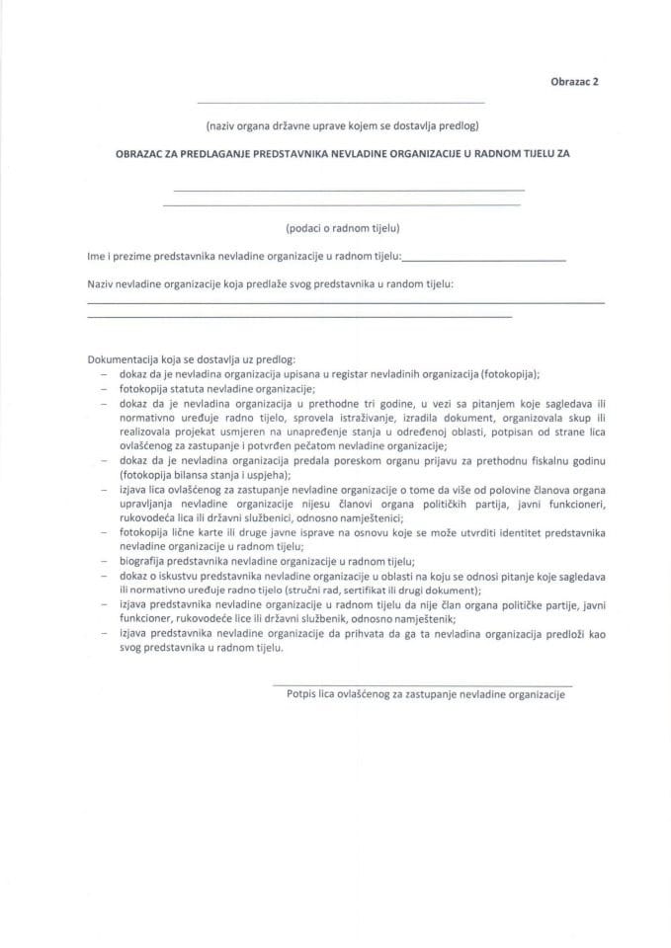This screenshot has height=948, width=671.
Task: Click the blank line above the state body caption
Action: [341, 103]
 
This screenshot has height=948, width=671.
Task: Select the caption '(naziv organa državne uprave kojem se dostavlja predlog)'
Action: [342, 125]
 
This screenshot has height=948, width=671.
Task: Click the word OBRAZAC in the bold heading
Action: [140, 154]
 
